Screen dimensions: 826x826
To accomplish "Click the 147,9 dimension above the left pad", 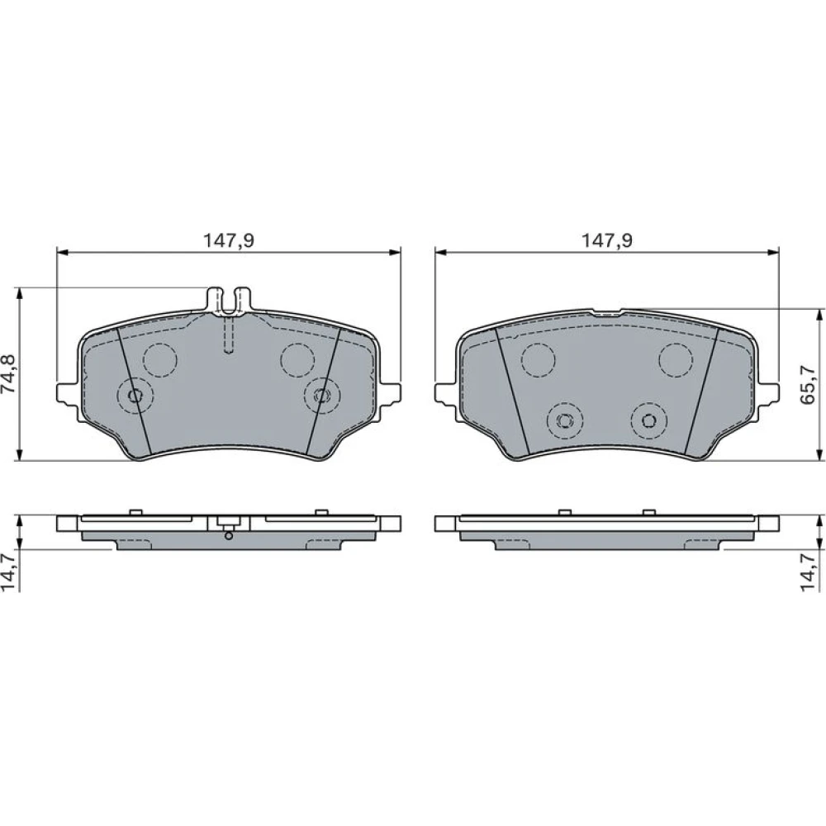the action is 229,240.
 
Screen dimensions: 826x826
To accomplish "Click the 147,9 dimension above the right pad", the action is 607,240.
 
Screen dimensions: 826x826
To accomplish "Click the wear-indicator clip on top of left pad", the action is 229,301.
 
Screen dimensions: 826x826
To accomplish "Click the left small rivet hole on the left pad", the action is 135,396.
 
